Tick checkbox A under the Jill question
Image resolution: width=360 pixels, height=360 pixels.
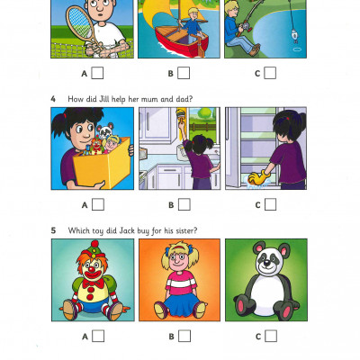97,204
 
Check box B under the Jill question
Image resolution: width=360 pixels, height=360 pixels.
184,204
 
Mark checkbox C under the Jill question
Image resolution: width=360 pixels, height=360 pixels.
270,204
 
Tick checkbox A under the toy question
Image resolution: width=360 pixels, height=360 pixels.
97,336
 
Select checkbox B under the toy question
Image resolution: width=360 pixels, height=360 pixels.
184,336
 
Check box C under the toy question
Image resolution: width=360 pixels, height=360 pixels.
270,336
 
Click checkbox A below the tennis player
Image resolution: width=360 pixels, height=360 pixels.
97,73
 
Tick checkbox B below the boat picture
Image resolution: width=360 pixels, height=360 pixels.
184,73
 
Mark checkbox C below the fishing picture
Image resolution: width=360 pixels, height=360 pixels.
270,73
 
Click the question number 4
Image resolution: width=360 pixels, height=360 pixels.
54,97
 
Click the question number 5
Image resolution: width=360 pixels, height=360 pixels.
54,229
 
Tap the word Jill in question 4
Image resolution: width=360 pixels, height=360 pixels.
102,97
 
